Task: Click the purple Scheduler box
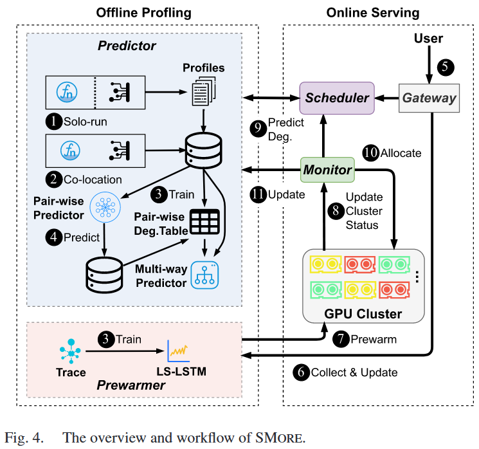(338, 98)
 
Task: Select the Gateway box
(429, 98)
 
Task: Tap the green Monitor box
(329, 169)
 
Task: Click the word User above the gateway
(429, 39)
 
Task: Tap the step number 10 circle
(370, 153)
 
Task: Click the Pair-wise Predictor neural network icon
(102, 205)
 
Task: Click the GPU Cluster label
(363, 314)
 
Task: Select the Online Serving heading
(372, 12)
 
